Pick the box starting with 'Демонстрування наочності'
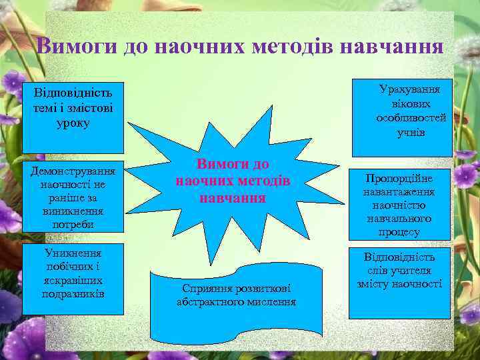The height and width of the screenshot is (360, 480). [x=73, y=195]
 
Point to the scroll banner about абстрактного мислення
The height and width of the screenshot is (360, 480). [x=236, y=303]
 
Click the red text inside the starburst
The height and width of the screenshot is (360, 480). [x=233, y=181]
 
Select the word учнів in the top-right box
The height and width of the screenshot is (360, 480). [x=411, y=133]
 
